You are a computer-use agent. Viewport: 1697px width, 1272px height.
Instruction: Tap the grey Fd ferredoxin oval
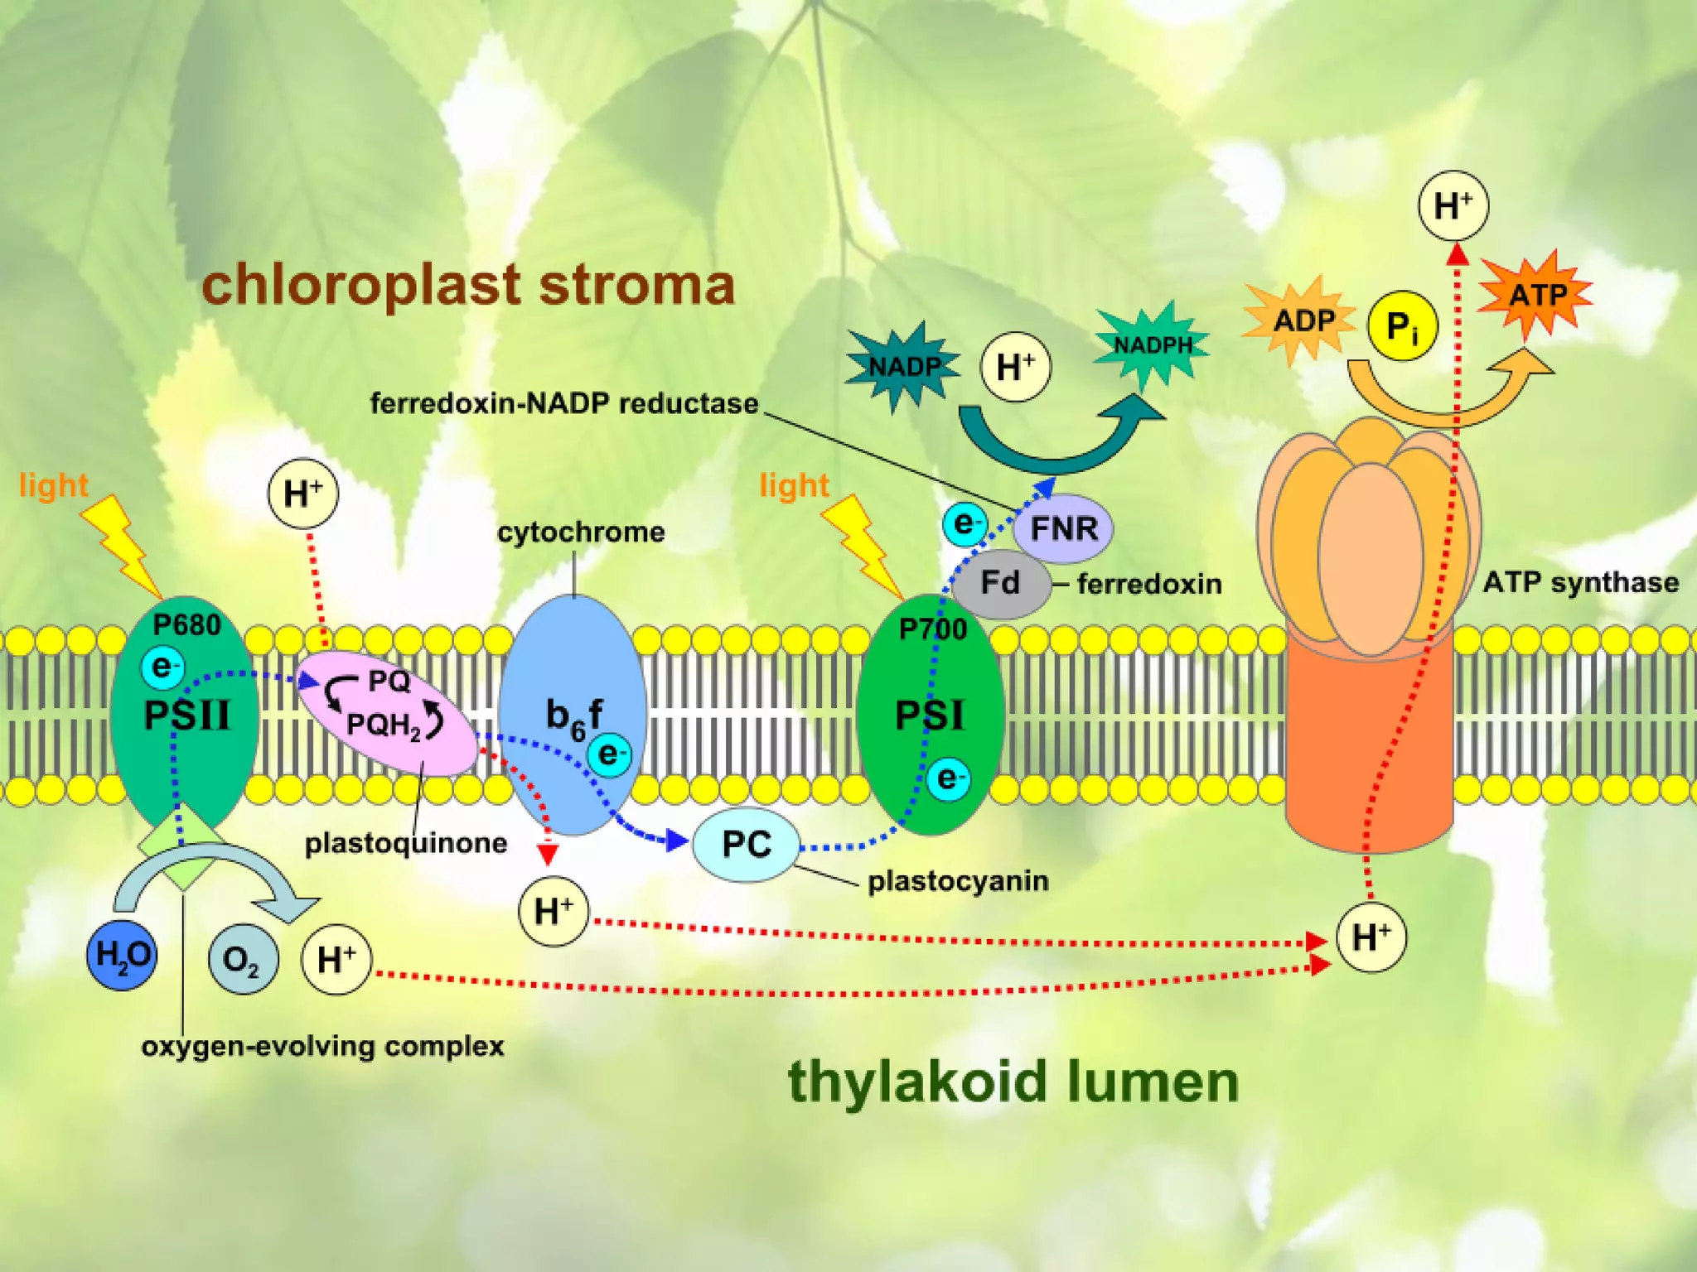click(x=1000, y=583)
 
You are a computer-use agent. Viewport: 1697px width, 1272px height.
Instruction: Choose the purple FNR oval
click(x=1064, y=528)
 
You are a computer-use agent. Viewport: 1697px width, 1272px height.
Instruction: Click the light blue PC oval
click(x=747, y=844)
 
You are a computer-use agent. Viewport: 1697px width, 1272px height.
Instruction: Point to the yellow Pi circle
click(x=1402, y=326)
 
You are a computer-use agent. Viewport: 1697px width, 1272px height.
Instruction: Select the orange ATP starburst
click(x=1536, y=295)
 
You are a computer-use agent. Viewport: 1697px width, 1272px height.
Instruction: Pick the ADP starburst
click(x=1302, y=320)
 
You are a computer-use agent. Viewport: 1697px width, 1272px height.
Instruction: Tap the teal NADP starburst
click(x=903, y=366)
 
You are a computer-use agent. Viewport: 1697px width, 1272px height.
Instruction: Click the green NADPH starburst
click(x=1152, y=344)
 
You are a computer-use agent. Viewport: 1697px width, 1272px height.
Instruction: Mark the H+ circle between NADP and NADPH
click(x=1015, y=366)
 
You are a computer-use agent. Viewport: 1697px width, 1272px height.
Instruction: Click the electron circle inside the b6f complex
click(x=610, y=754)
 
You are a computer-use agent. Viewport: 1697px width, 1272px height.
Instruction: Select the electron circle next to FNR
click(x=965, y=524)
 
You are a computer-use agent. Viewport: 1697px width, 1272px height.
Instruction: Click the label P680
click(x=187, y=624)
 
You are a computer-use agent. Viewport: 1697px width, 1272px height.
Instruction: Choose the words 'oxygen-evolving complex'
click(x=323, y=1046)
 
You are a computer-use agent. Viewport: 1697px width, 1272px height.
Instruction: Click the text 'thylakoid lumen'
click(x=1013, y=1082)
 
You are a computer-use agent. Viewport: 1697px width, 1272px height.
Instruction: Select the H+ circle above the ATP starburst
click(x=1453, y=205)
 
